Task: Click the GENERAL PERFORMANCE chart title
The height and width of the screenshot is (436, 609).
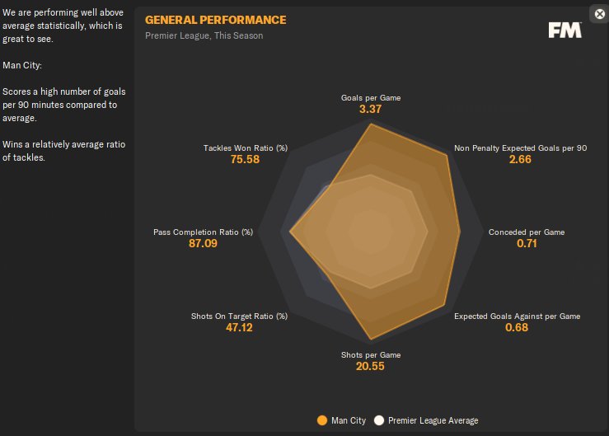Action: click(216, 20)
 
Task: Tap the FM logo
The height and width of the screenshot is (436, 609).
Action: click(564, 30)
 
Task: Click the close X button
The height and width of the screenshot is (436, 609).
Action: click(599, 14)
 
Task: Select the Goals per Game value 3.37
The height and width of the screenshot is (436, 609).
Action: click(371, 110)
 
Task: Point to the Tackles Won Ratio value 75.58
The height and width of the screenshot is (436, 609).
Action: click(245, 160)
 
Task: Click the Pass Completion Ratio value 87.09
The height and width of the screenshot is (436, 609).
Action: click(204, 244)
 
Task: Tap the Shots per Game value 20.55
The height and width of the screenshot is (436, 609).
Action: click(371, 366)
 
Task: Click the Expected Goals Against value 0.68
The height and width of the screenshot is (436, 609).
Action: click(518, 328)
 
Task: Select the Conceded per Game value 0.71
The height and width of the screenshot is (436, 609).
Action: click(527, 244)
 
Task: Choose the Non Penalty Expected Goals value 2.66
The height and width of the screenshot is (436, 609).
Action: click(520, 160)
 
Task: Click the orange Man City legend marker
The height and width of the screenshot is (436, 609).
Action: click(322, 420)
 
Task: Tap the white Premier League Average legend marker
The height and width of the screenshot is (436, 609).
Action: click(379, 420)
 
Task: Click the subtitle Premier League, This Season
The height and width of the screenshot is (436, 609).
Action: click(204, 36)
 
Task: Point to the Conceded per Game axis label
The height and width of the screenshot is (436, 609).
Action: click(527, 232)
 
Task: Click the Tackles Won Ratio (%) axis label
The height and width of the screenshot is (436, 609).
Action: click(246, 148)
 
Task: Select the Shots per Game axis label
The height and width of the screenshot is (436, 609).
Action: click(371, 354)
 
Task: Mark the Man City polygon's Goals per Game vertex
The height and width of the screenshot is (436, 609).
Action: click(371, 124)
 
